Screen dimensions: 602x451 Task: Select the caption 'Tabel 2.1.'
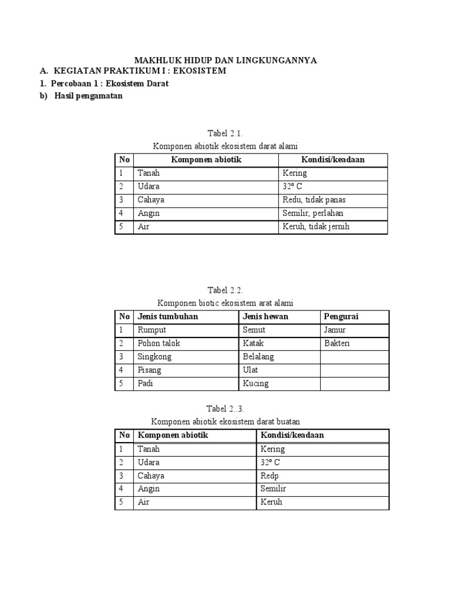(x=225, y=134)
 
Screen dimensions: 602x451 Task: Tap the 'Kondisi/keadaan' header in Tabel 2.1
(x=332, y=160)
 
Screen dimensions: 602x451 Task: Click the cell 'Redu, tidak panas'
(x=314, y=200)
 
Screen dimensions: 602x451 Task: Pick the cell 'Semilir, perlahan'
(x=313, y=213)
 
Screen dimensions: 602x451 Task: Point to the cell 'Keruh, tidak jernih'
(x=316, y=226)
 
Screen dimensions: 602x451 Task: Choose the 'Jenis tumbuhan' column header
(x=168, y=317)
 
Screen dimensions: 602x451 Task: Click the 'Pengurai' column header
(x=341, y=317)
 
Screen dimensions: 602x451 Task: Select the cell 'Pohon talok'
(x=159, y=343)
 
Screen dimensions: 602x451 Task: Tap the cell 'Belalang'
(x=258, y=357)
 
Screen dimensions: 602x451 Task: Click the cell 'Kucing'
(x=255, y=383)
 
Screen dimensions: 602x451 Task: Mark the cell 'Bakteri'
(x=336, y=343)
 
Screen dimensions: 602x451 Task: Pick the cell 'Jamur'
(x=335, y=330)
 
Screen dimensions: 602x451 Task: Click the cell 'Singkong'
(x=154, y=357)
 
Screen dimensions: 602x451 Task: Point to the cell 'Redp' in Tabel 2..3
(x=270, y=476)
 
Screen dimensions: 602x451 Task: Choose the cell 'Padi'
(x=146, y=383)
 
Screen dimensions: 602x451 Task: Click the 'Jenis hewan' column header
(x=265, y=317)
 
